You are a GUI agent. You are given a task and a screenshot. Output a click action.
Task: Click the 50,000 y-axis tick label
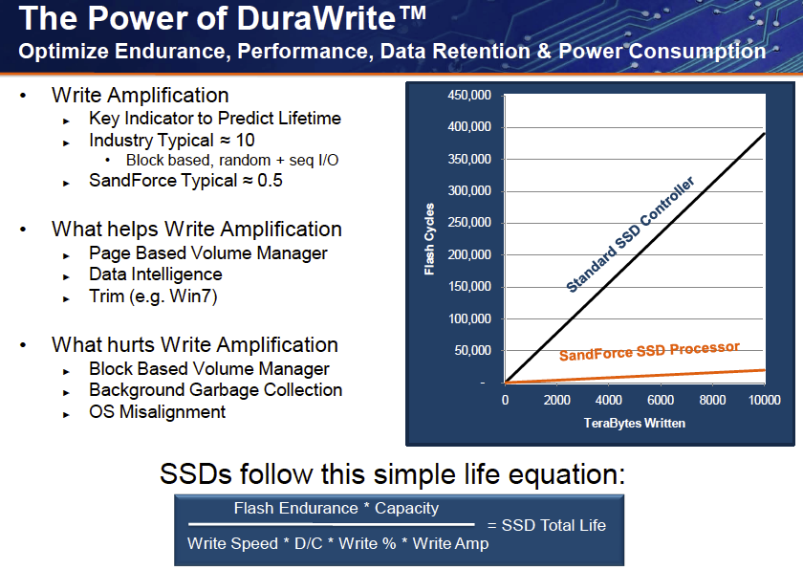coord(473,351)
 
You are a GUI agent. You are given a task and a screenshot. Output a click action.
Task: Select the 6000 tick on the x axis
coord(661,400)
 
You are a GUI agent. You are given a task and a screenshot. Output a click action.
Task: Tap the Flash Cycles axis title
coord(430,239)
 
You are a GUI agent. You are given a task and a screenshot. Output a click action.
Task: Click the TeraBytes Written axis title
coord(633,422)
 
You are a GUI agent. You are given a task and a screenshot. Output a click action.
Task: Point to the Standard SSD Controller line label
coord(630,235)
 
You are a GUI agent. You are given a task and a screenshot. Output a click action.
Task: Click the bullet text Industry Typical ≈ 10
coord(172,141)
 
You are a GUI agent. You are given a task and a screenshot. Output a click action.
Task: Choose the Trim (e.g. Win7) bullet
coord(153,297)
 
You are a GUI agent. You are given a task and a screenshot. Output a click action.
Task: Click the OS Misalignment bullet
coord(158,412)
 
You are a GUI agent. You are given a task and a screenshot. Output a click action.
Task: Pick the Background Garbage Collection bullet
coord(215,390)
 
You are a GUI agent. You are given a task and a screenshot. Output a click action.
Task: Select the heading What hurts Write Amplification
coord(195,345)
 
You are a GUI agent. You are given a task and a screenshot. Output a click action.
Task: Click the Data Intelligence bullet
coord(156,275)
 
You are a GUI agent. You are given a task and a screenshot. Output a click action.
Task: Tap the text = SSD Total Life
coord(546,525)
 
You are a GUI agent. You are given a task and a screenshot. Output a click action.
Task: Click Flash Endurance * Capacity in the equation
coord(336,509)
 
